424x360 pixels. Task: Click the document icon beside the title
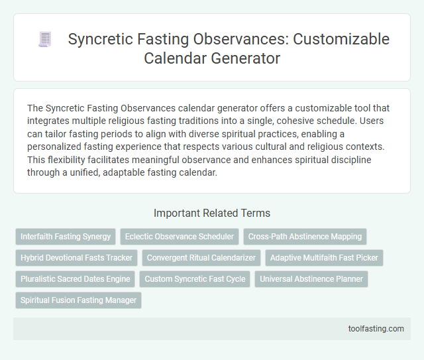pos(45,40)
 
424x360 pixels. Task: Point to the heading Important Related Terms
pos(211,213)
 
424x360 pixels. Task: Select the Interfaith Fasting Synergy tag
pos(66,237)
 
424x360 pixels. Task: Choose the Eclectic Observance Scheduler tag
pos(179,237)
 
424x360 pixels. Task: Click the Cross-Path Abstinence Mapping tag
pos(305,237)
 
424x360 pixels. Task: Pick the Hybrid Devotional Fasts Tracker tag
pos(76,258)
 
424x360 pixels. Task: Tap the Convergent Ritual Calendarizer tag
pos(201,258)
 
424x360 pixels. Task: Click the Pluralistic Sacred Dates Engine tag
pos(75,279)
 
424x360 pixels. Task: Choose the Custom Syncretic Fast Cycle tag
pos(195,279)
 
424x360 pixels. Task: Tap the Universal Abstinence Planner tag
pos(311,279)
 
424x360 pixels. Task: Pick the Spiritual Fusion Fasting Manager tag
pos(78,300)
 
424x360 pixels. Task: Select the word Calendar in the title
pos(172,58)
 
